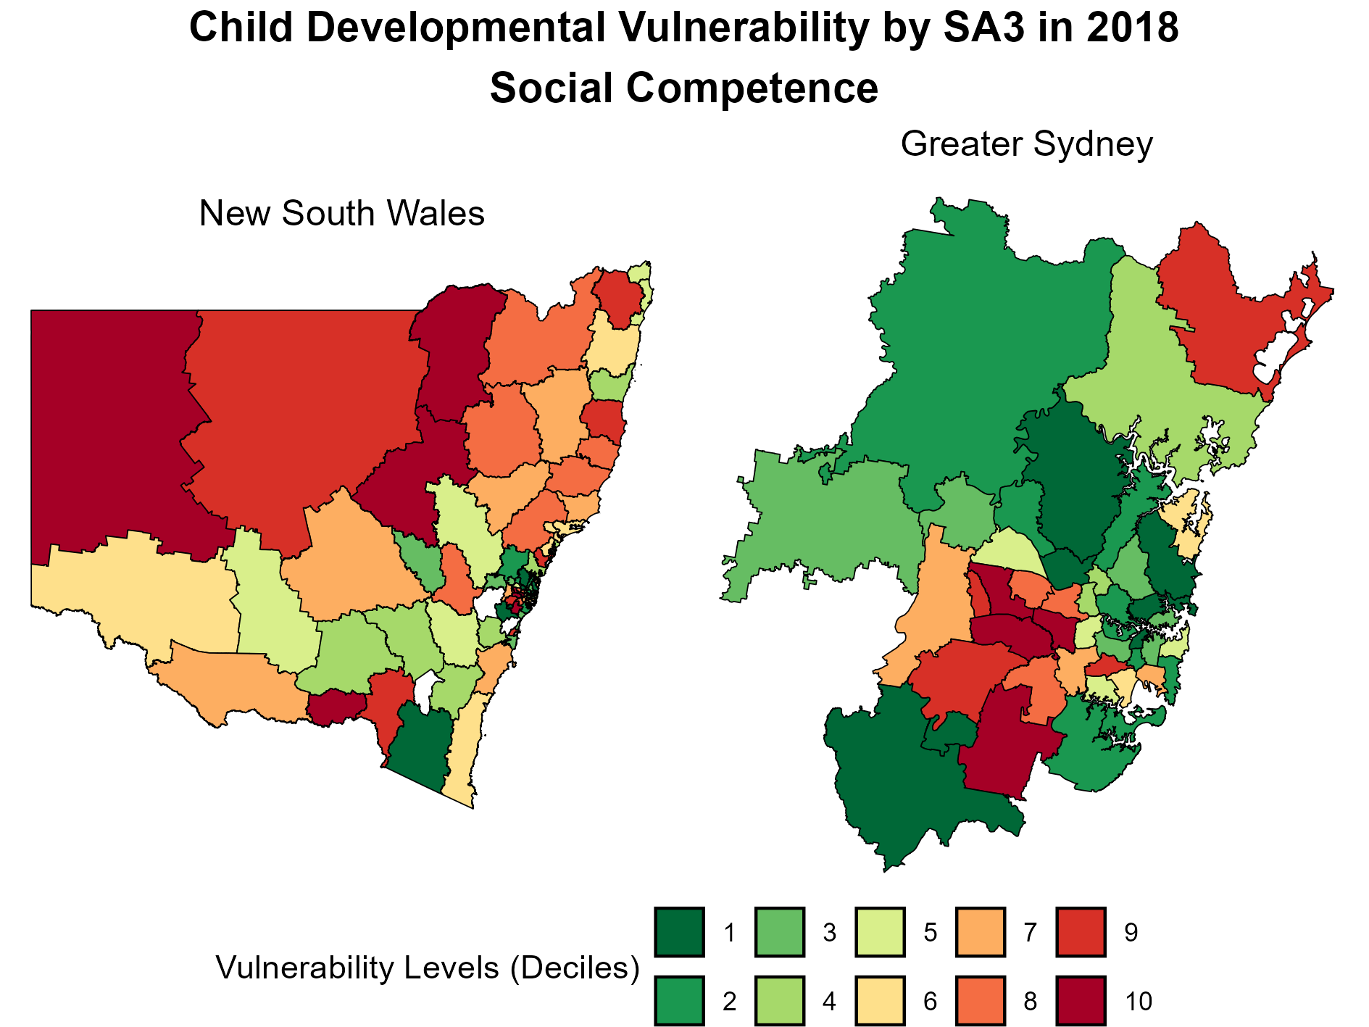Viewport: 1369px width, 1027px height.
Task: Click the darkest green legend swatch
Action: pyautogui.click(x=679, y=932)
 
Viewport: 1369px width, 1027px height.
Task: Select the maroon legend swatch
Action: pyautogui.click(x=1081, y=1001)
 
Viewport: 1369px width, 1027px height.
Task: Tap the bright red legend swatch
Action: pyautogui.click(x=1081, y=932)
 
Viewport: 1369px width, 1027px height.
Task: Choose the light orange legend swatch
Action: pyautogui.click(x=981, y=932)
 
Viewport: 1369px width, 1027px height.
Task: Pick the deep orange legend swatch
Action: pyautogui.click(x=981, y=1001)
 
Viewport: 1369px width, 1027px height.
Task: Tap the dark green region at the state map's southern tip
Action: pyautogui.click(x=420, y=747)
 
